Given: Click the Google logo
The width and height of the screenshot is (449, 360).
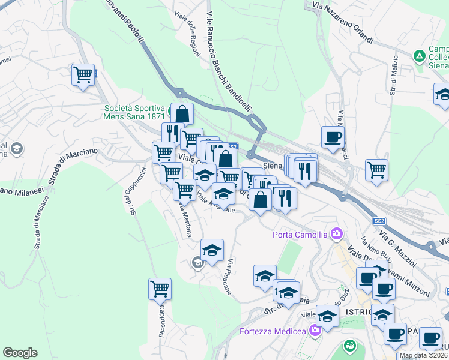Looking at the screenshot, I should pyautogui.click(x=20, y=352).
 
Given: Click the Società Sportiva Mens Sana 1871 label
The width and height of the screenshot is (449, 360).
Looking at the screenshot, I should pyautogui.click(x=134, y=112).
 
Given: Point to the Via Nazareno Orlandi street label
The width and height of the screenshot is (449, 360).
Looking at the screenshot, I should pyautogui.click(x=343, y=24).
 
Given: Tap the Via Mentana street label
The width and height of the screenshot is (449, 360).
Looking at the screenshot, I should pyautogui.click(x=184, y=220).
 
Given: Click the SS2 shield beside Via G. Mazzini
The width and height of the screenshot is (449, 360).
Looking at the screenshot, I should pyautogui.click(x=379, y=221).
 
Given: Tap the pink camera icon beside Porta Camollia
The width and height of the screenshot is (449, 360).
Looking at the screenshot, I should pyautogui.click(x=337, y=233).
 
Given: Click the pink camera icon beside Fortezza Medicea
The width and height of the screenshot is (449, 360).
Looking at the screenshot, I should pyautogui.click(x=315, y=331).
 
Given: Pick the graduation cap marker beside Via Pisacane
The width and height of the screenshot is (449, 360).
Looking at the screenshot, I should pyautogui.click(x=212, y=250).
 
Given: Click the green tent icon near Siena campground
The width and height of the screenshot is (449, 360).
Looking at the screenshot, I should pyautogui.click(x=419, y=56).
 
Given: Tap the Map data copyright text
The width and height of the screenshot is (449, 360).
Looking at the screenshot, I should pyautogui.click(x=423, y=355).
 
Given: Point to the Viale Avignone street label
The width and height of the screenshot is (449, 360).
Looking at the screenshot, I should pyautogui.click(x=215, y=207).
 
